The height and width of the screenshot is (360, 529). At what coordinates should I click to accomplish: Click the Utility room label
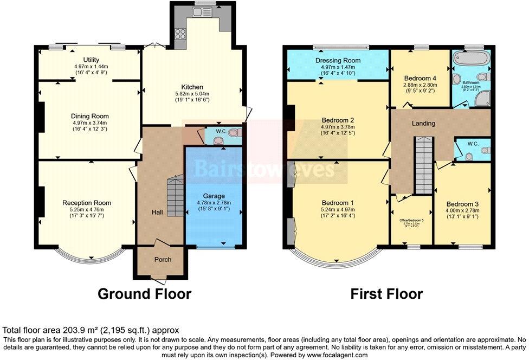[90, 60]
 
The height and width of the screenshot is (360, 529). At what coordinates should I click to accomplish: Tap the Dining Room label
[90, 116]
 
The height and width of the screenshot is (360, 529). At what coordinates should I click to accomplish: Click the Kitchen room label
[192, 87]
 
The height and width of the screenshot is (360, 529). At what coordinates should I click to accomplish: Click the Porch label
[163, 259]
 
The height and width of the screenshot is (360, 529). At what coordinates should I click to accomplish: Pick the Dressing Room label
[337, 60]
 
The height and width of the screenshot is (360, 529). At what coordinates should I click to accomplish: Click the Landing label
[423, 123]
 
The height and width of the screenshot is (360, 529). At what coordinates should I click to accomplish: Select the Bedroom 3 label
[462, 204]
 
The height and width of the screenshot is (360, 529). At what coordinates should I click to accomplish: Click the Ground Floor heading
[144, 294]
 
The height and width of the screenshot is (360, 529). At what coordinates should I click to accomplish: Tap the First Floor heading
[386, 294]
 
